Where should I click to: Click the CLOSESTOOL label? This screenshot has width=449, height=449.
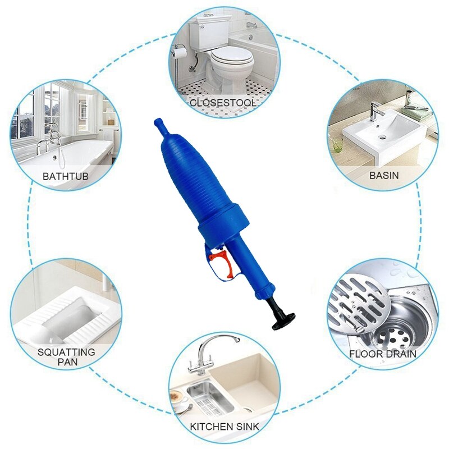click(x=223, y=103)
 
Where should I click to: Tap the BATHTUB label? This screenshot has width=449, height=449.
click(x=65, y=176)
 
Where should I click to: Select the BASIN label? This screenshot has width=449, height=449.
click(x=384, y=175)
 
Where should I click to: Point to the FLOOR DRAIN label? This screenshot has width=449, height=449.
click(x=383, y=354)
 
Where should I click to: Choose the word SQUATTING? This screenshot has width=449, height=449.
click(x=66, y=352)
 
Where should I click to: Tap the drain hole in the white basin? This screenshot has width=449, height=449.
click(x=383, y=135)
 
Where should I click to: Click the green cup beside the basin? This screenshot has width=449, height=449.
click(x=337, y=145)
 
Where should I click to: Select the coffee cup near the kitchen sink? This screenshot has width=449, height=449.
click(x=180, y=399)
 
